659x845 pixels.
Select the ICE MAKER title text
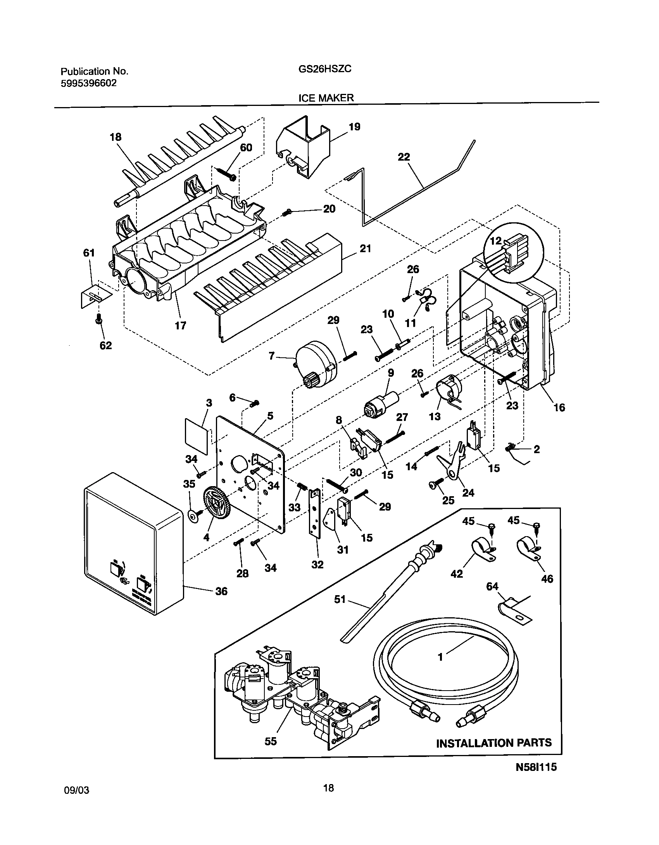point(326,98)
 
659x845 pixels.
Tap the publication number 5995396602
point(89,83)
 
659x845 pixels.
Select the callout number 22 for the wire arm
point(404,157)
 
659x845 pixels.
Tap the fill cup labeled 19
point(304,149)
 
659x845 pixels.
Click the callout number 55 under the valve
point(271,741)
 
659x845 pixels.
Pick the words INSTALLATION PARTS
point(493,743)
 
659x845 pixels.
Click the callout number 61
point(89,253)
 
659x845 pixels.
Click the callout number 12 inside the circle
point(495,241)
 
